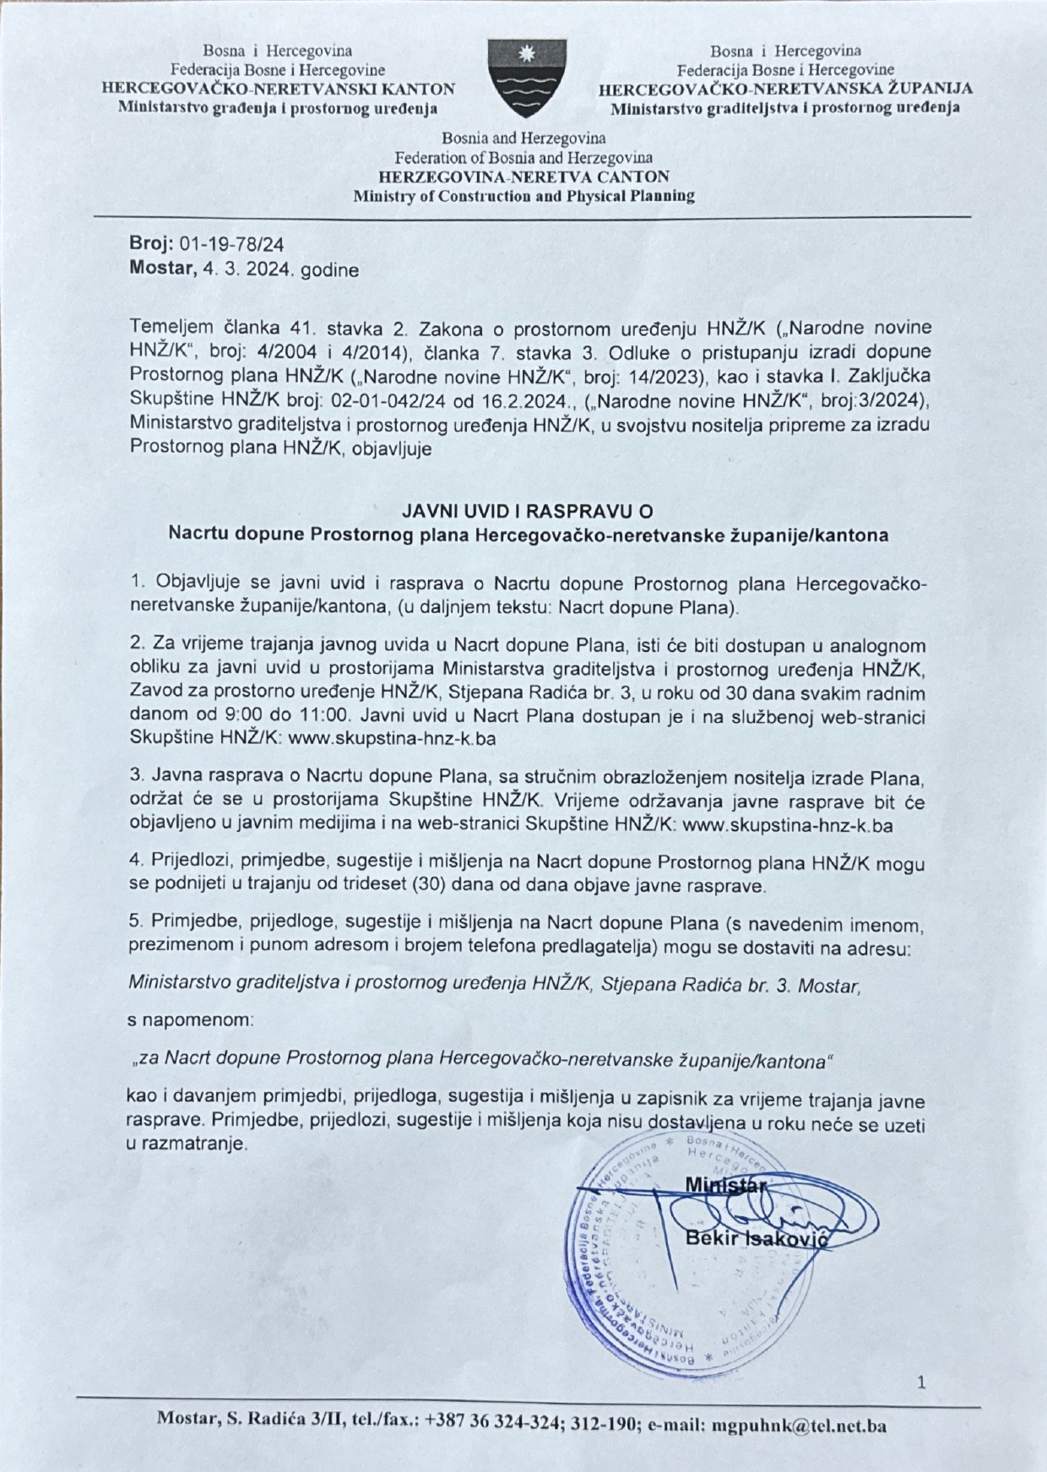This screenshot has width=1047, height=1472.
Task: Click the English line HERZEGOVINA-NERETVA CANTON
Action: (x=523, y=177)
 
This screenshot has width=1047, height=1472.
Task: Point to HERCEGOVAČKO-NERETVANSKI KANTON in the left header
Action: (x=278, y=89)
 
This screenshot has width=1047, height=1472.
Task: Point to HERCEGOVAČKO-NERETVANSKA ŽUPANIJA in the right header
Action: (x=785, y=89)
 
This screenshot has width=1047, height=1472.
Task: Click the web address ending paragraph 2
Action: (x=392, y=736)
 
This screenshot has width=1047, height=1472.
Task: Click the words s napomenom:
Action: (x=190, y=1020)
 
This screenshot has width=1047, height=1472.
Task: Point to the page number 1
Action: (x=921, y=1382)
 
